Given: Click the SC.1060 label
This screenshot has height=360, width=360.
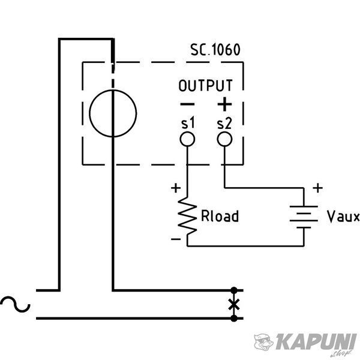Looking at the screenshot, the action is click(x=215, y=49).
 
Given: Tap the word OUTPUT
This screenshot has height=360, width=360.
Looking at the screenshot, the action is click(x=206, y=85).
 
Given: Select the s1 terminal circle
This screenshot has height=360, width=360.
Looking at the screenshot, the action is click(x=187, y=139).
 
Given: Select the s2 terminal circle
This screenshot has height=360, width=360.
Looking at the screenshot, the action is click(x=224, y=139).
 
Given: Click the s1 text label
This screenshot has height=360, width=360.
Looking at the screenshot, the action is click(x=188, y=123).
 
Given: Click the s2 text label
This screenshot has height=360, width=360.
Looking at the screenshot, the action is click(x=224, y=124).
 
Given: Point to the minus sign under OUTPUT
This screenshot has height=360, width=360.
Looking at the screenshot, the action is click(x=187, y=104).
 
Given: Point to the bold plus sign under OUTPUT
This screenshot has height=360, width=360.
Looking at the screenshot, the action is click(x=224, y=104).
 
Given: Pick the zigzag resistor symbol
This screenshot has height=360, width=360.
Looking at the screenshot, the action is click(x=187, y=216).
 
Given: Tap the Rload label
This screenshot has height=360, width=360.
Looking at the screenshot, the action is click(x=220, y=216).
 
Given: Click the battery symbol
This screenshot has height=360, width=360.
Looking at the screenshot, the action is click(x=304, y=217).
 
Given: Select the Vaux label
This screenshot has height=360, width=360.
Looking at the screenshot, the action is click(x=343, y=217).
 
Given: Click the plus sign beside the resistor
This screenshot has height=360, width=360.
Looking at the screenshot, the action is click(x=176, y=188).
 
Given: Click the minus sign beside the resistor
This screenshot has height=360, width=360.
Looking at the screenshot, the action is click(x=176, y=239).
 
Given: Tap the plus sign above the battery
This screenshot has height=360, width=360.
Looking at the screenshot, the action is click(x=318, y=188).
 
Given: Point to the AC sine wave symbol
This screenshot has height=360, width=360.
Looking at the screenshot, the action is click(x=15, y=304).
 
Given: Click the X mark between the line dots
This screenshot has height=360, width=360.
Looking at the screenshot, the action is click(x=234, y=305).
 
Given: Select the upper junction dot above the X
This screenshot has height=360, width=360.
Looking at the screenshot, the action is click(x=234, y=290).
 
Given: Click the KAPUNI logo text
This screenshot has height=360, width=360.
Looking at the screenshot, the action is click(x=316, y=342).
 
